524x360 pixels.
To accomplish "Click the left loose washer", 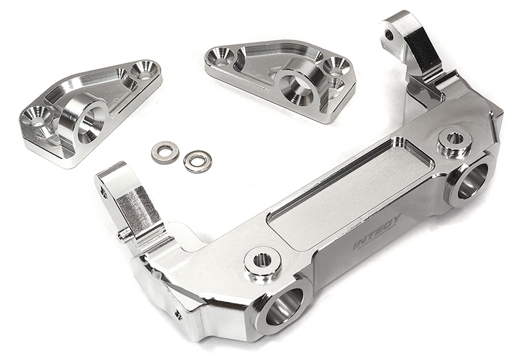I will pos(165,152).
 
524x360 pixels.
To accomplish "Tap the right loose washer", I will pos(197,160).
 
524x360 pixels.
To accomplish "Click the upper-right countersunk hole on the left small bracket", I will pos(144,69).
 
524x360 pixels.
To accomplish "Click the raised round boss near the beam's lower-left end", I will pos(263,261).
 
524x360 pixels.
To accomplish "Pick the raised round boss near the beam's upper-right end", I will pos(455,139).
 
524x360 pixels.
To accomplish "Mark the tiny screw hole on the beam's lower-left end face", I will pos(178,315).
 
